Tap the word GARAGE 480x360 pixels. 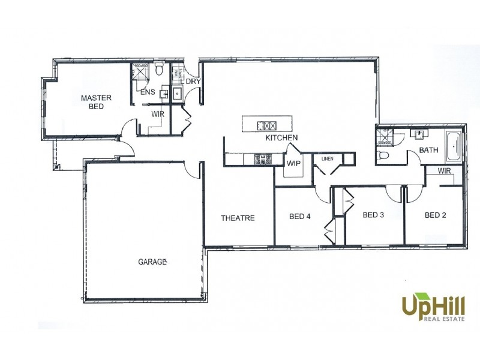(152, 262)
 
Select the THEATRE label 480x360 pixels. (238, 218)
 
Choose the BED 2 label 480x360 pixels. (436, 215)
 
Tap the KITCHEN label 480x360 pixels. (282, 139)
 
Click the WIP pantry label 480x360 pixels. (293, 163)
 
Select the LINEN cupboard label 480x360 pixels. (327, 159)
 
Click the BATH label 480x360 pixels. (428, 150)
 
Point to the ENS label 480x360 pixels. (148, 92)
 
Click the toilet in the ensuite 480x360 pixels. (159, 70)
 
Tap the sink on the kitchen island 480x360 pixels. (266, 125)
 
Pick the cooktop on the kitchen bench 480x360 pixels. (262, 159)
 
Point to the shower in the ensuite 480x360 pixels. (140, 71)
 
